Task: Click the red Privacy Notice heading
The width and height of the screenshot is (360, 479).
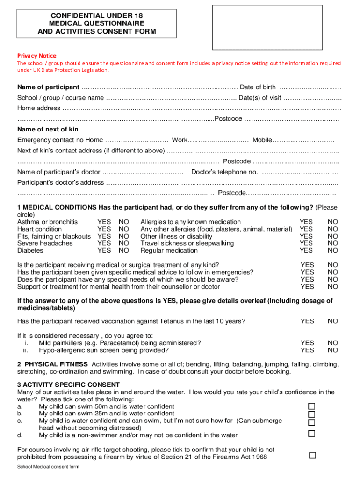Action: click(x=36, y=55)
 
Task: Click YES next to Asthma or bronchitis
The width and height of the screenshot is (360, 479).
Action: click(x=104, y=222)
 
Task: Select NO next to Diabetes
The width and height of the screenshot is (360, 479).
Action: click(x=124, y=250)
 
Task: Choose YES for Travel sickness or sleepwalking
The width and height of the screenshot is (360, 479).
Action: click(x=306, y=243)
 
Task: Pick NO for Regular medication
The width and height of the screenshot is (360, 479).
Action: click(x=332, y=250)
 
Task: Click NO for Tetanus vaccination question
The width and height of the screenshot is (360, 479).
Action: click(x=332, y=321)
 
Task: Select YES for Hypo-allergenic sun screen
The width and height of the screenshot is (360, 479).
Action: click(x=307, y=350)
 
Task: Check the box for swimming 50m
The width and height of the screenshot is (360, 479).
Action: click(x=312, y=406)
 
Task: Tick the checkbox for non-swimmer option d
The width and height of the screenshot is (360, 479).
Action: click(x=312, y=434)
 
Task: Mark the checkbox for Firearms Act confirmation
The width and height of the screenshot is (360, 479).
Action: click(x=313, y=455)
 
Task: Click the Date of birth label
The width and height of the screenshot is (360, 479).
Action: click(x=258, y=87)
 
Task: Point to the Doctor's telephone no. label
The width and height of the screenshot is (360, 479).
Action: click(x=224, y=172)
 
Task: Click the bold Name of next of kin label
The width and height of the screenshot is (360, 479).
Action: click(x=48, y=129)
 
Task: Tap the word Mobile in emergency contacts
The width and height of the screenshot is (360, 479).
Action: click(x=262, y=140)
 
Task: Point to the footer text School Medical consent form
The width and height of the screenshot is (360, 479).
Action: click(x=48, y=467)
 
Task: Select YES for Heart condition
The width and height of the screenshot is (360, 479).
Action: click(x=104, y=229)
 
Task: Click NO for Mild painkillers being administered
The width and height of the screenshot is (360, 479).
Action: click(x=332, y=343)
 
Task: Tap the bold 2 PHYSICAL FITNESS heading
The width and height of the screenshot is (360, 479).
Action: click(x=52, y=364)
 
